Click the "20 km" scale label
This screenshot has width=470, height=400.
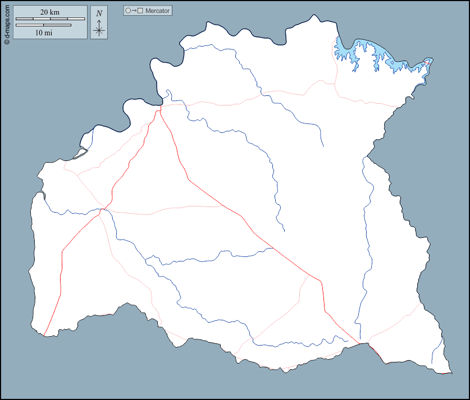point(50,12)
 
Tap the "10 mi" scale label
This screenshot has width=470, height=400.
point(44,33)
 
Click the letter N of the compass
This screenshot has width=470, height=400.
point(99,13)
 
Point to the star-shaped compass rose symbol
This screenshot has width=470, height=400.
point(99,29)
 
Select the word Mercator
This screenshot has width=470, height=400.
point(157,11)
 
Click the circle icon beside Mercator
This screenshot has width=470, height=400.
point(128,11)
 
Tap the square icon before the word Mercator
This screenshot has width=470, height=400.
point(140,11)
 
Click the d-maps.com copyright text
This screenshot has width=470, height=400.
point(6,23)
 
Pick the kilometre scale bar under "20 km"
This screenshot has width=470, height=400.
point(50,19)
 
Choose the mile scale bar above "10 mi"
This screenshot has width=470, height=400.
point(43,25)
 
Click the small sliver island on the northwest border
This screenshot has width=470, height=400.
point(80,152)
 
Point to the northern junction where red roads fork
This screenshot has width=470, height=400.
point(159,109)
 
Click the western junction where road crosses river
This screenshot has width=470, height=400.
point(102,210)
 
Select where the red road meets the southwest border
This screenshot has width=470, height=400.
point(44,335)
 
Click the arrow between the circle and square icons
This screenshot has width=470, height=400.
point(134,11)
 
